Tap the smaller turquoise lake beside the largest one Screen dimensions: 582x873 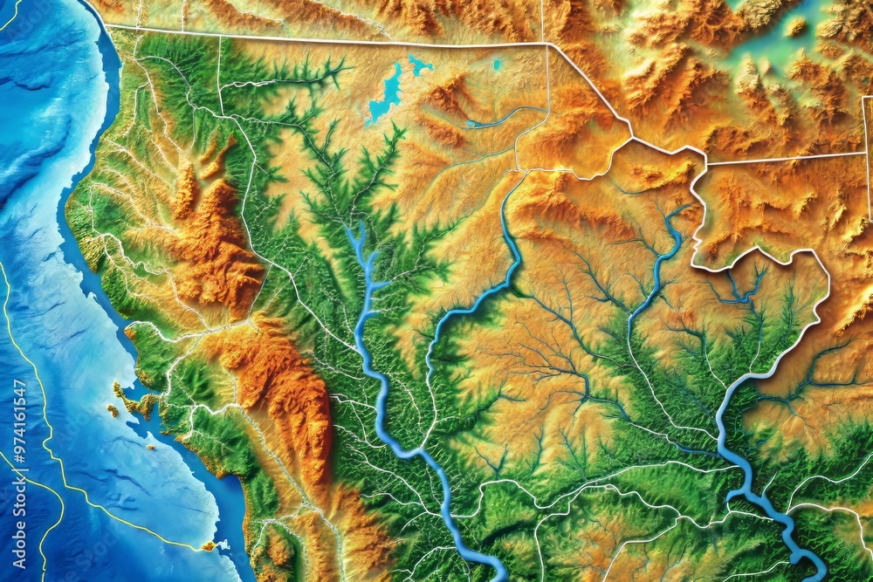click(x=420, y=65)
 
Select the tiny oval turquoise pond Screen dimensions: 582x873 click(x=497, y=64)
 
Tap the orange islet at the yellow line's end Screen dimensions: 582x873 click(x=209, y=546)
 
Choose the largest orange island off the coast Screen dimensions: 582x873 click(x=140, y=402)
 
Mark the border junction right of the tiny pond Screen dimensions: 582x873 click(x=546, y=44)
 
